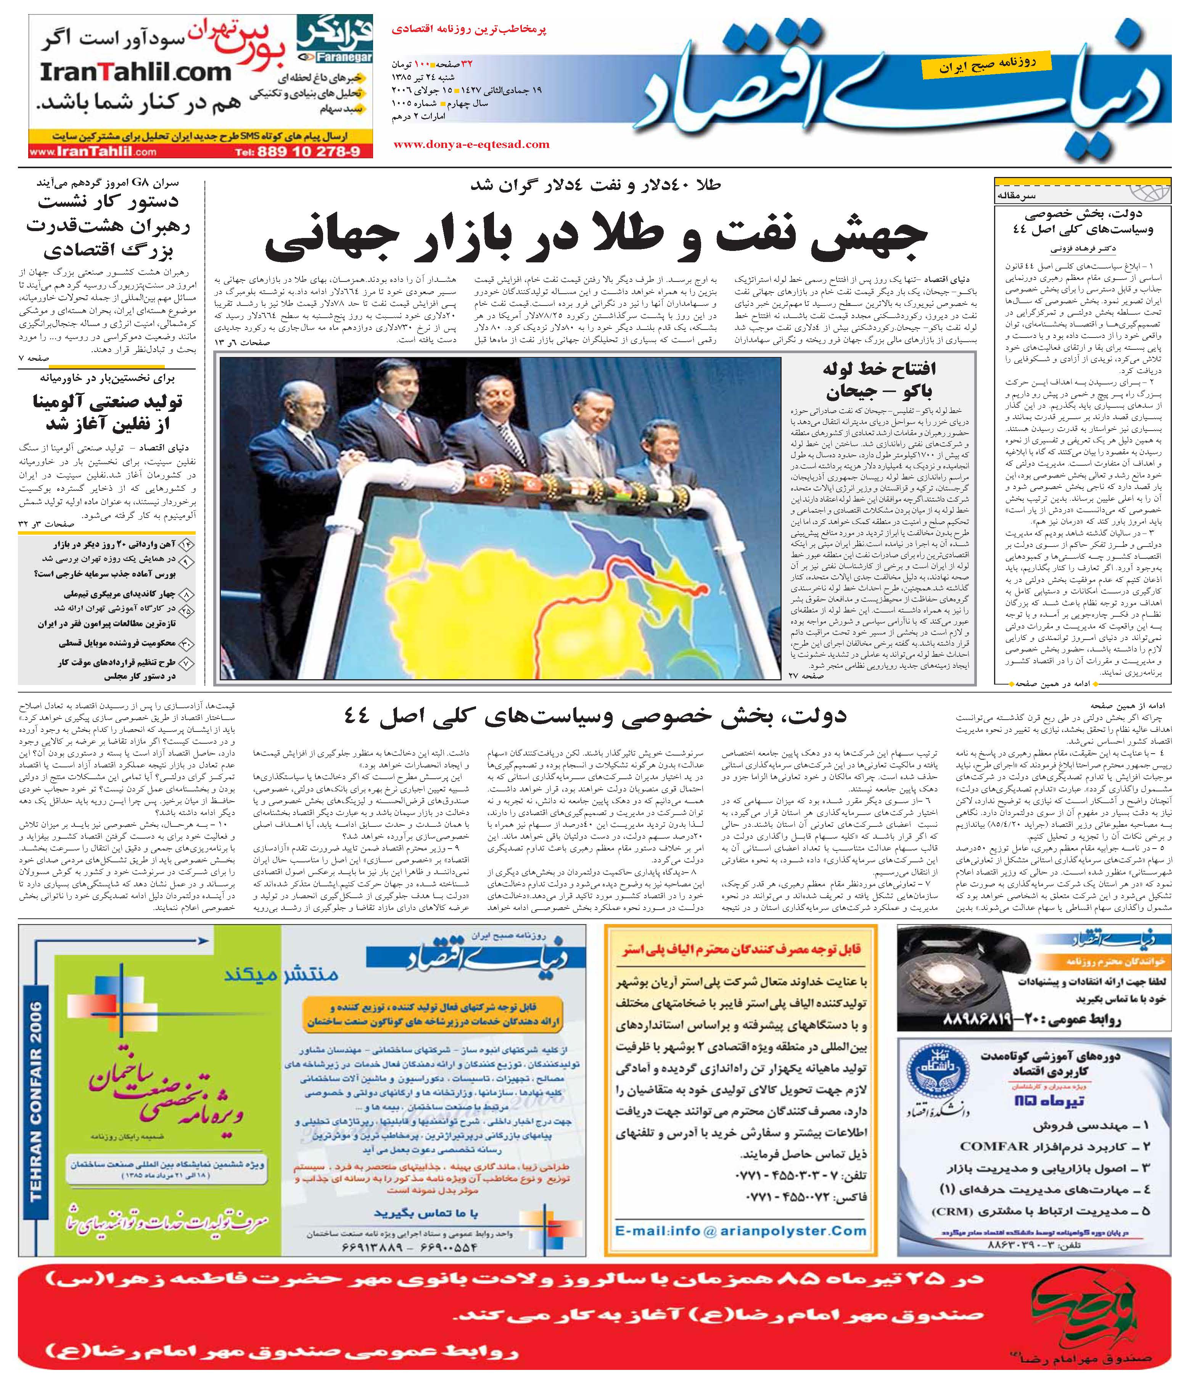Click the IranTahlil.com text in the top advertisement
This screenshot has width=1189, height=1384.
tap(135, 72)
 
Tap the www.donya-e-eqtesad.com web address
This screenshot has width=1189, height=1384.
tap(471, 144)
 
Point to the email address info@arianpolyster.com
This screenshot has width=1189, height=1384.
tap(740, 1231)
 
